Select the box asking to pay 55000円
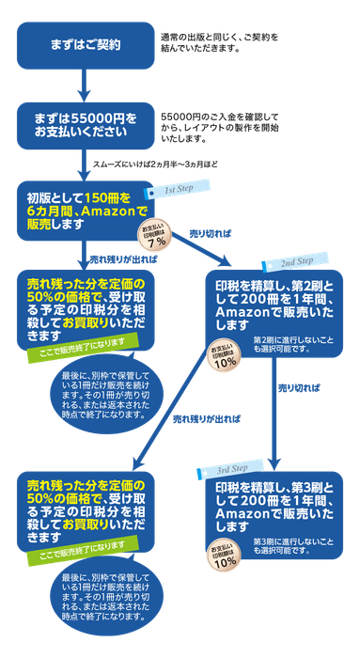[85, 126]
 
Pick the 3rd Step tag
[225, 469]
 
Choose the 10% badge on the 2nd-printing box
[226, 358]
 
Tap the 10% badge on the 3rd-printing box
[226, 555]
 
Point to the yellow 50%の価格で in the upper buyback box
[53, 296]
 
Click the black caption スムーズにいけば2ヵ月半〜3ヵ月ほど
[155, 164]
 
